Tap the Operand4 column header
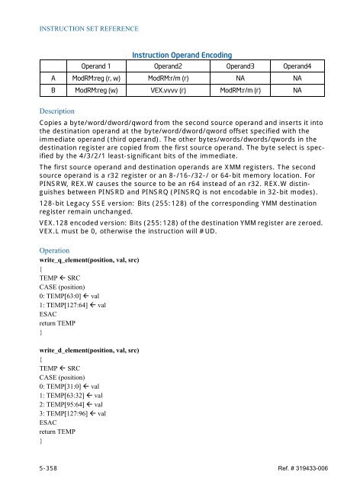(x=301, y=67)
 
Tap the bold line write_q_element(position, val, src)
(x=98, y=261)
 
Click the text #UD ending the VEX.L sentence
(x=202, y=233)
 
